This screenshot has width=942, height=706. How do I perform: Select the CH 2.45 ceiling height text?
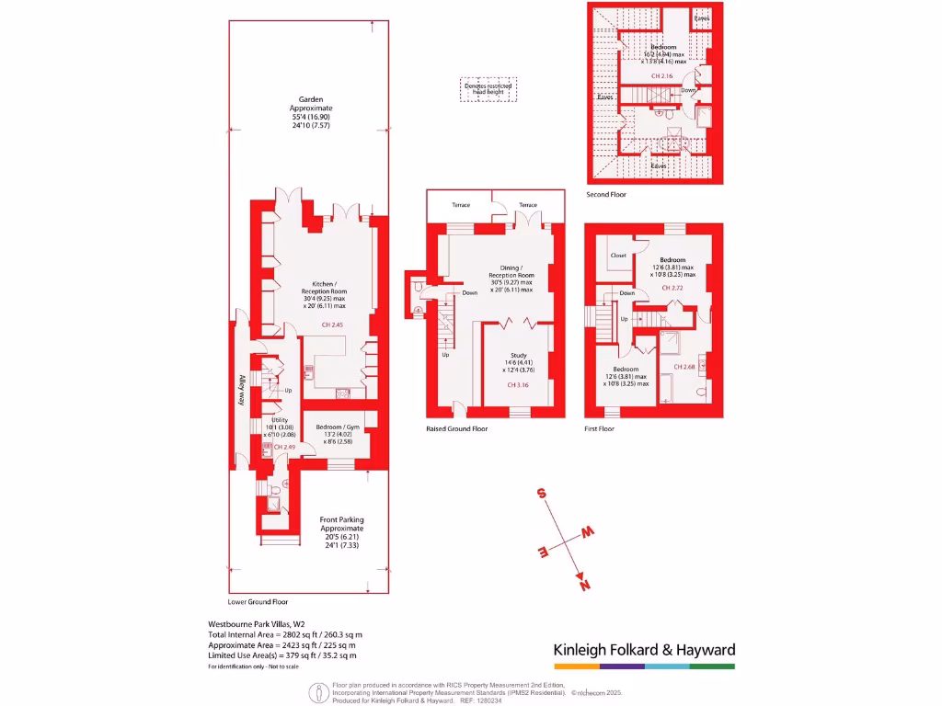(x=332, y=325)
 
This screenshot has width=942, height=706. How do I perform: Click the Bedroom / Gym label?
(x=338, y=427)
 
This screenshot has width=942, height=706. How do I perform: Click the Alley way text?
(x=241, y=389)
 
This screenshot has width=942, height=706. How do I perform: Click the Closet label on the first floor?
(x=617, y=256)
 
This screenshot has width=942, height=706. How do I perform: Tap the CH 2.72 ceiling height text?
(x=673, y=288)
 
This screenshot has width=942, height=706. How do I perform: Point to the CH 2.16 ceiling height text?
(x=662, y=75)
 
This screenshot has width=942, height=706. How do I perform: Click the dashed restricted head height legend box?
(x=488, y=88)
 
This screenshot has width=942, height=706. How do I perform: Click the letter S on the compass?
(x=542, y=494)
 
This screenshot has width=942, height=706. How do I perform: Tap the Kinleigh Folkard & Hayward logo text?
(x=644, y=650)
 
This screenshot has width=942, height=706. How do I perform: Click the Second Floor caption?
(x=607, y=195)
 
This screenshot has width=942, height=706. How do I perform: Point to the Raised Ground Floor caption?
(x=456, y=429)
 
